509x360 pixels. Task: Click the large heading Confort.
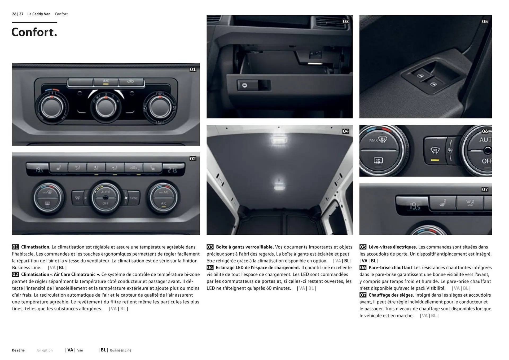[34, 32]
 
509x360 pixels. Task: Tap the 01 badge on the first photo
[193, 69]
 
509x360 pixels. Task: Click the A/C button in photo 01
[106, 82]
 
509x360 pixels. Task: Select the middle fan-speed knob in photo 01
[106, 107]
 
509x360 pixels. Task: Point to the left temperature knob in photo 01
[52, 107]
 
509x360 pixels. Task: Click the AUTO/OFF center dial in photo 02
[106, 198]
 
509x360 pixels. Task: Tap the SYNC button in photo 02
[133, 198]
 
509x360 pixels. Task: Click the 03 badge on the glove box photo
[346, 21]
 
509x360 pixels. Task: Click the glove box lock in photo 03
[245, 85]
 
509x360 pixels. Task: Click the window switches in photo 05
[427, 80]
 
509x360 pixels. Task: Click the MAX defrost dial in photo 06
[379, 150]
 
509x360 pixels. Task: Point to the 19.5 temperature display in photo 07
[415, 206]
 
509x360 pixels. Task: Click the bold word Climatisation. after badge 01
[36, 247]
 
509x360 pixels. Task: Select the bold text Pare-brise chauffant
[390, 268]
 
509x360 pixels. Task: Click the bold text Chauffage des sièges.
[391, 295]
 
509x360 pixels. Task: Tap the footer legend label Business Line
[121, 350]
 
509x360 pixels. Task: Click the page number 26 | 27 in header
[18, 14]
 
